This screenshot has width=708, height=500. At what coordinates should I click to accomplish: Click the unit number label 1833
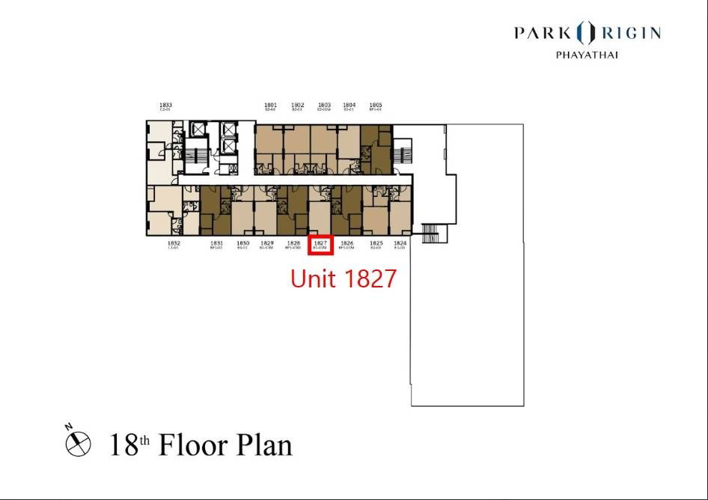click(x=166, y=105)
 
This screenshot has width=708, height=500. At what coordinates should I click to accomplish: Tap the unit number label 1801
click(x=271, y=105)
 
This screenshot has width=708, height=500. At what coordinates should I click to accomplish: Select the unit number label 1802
click(x=298, y=105)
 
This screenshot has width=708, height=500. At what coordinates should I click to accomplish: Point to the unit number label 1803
click(x=324, y=105)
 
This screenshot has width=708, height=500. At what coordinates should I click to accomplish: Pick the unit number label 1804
click(x=349, y=105)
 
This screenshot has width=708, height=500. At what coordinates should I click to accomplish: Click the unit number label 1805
click(x=376, y=105)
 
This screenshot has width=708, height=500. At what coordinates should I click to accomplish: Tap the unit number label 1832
click(x=174, y=243)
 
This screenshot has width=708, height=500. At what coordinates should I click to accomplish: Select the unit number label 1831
click(x=216, y=243)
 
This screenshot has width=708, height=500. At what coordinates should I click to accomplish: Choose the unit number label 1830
click(x=242, y=243)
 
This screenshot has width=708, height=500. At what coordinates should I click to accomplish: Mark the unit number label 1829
click(x=267, y=243)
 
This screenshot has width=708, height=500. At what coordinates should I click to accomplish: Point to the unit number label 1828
click(x=294, y=243)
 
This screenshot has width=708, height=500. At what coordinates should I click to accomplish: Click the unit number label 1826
click(x=347, y=243)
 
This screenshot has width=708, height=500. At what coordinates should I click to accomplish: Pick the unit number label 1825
click(x=376, y=243)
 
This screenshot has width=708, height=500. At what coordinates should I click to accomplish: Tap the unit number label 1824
click(x=400, y=243)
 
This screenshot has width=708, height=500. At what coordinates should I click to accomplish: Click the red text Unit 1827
click(x=343, y=279)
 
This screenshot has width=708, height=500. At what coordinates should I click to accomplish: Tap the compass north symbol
click(x=77, y=443)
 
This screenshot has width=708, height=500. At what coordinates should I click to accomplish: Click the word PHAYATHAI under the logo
click(x=587, y=55)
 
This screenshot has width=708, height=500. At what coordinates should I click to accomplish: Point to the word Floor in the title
click(x=197, y=445)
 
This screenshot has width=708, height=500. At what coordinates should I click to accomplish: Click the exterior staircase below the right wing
click(x=433, y=233)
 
